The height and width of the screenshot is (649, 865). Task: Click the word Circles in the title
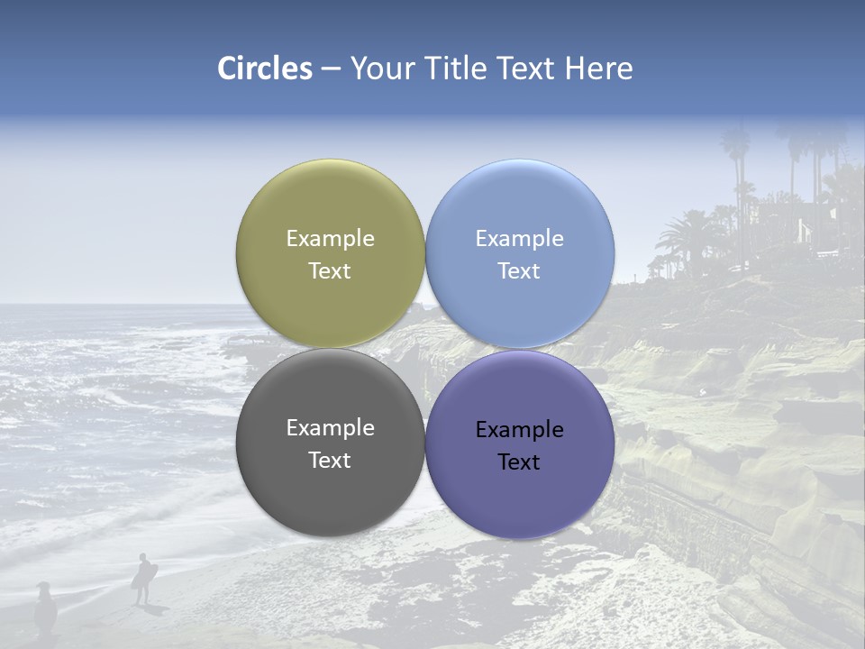click(x=265, y=69)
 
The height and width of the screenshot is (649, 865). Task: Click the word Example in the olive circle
click(x=330, y=239)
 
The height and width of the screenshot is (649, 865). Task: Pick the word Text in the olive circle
click(x=330, y=271)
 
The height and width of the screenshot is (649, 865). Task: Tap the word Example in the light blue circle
click(x=519, y=239)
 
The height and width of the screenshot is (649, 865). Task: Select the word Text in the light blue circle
click(x=519, y=271)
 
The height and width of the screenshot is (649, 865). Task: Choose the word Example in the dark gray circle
click(x=330, y=428)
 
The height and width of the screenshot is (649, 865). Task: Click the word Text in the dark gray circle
click(x=330, y=461)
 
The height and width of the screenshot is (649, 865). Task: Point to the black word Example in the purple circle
click(x=519, y=430)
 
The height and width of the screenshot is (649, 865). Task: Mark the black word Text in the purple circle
click(x=519, y=462)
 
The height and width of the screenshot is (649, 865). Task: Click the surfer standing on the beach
click(x=142, y=579)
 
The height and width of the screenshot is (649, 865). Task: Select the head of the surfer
click(x=142, y=558)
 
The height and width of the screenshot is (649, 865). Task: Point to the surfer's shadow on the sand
click(x=156, y=609)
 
